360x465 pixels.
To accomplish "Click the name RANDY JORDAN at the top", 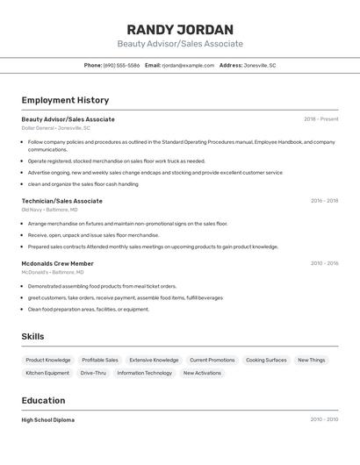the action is [180, 29].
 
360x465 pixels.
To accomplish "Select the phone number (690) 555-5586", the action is [121, 66].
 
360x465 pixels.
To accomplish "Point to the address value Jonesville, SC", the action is [260, 66].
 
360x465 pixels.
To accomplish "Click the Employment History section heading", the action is [65, 101].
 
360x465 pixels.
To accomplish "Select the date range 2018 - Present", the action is [320, 119].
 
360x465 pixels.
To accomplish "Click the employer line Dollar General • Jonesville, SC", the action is [55, 128].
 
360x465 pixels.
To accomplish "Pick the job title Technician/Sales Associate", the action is [61, 201].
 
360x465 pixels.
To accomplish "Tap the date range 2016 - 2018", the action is [324, 201].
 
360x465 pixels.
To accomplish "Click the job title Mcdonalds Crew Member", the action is [57, 263].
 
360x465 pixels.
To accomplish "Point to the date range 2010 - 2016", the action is [324, 263].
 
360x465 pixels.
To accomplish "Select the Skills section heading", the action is [32, 337].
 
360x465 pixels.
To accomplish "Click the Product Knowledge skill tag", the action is [48, 360].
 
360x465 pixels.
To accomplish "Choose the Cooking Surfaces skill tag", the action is [266, 360].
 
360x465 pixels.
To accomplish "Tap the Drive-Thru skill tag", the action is [93, 373].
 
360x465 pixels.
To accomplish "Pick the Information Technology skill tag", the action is [145, 373].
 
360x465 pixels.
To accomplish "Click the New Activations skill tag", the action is [202, 373].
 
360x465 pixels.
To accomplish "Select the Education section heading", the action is [44, 401].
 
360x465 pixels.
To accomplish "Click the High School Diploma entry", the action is [47, 420].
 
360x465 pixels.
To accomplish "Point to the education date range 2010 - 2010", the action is [324, 420].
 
